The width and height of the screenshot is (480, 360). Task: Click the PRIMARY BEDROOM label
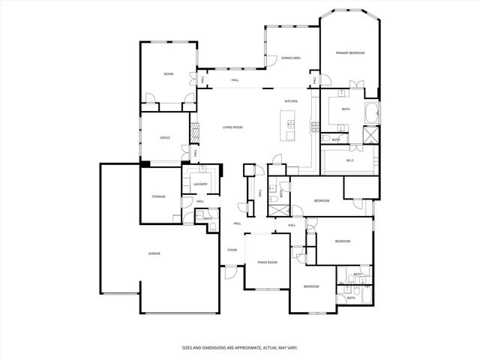(x=350, y=53)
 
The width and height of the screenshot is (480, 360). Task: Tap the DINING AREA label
(x=291, y=58)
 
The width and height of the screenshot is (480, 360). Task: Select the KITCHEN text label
(x=291, y=101)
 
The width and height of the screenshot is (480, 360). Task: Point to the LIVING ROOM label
(x=232, y=127)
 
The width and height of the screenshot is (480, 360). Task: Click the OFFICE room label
(x=165, y=138)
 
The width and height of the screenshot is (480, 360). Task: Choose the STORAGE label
(x=159, y=196)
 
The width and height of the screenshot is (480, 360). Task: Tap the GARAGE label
(x=154, y=253)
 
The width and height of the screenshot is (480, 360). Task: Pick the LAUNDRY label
(x=200, y=184)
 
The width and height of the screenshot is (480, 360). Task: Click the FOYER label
(x=232, y=250)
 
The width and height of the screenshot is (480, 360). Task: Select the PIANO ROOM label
(x=268, y=262)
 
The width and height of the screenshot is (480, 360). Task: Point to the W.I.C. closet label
(x=350, y=160)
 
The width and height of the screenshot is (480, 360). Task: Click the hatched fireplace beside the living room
(x=195, y=133)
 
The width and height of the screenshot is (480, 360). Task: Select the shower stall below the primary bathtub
(x=370, y=136)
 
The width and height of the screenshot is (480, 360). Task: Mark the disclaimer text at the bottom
(x=240, y=347)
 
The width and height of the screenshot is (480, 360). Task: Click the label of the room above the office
(x=169, y=74)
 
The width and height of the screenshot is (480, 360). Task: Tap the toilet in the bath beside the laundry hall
(x=214, y=226)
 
